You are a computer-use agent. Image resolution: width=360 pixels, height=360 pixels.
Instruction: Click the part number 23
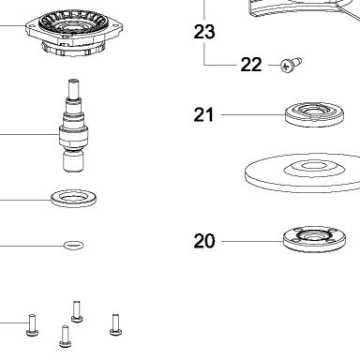[x=204, y=32]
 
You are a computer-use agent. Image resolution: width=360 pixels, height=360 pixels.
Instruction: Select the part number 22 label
[x=251, y=65]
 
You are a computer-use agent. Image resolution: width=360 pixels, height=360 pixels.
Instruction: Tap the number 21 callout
[x=203, y=114]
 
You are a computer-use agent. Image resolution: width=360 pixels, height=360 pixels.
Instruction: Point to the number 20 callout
[x=204, y=241]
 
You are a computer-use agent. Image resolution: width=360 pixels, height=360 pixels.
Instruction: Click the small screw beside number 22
[x=291, y=65]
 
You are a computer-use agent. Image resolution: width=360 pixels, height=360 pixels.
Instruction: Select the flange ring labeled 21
[x=314, y=114]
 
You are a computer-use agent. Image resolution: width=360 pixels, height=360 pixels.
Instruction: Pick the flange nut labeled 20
[x=314, y=240]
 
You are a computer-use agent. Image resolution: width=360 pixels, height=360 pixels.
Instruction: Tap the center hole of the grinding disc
[x=310, y=166]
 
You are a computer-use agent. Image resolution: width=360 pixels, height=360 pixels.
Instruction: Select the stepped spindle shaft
[x=74, y=125]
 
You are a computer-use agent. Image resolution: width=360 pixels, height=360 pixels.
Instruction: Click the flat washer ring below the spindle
[x=74, y=198]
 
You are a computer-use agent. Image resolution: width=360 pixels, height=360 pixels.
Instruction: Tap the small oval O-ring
[x=74, y=245]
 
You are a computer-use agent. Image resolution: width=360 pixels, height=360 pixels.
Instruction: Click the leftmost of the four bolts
[x=32, y=325]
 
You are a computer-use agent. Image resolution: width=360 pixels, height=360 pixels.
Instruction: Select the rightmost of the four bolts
[x=115, y=324]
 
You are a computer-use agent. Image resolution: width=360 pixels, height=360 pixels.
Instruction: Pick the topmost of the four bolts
[x=77, y=311]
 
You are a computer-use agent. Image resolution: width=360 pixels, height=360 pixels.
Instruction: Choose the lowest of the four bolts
[x=65, y=337]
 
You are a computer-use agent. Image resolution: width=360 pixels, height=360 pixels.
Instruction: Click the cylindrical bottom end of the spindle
[x=74, y=161]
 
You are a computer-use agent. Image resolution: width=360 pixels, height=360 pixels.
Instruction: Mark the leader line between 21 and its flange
[x=253, y=114]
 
